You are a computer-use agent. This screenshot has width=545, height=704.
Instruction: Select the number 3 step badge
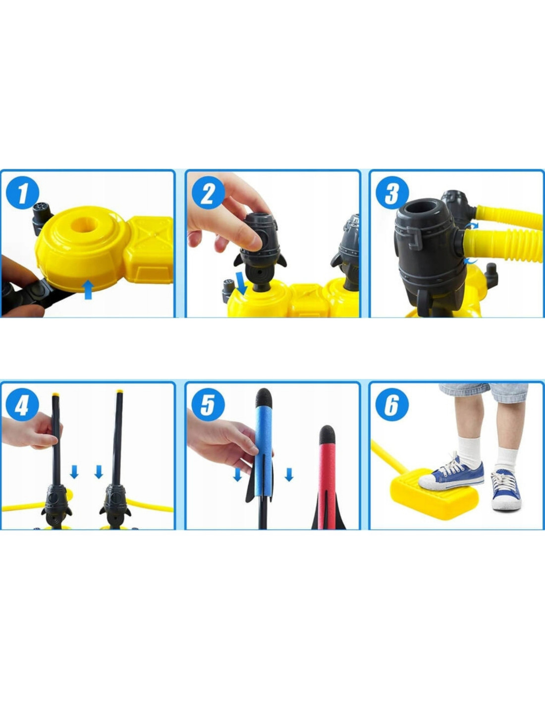392,194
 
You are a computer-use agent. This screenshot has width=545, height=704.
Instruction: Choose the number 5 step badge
208,405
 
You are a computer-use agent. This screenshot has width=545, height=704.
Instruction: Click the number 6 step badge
392,405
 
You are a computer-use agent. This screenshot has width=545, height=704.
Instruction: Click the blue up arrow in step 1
88,289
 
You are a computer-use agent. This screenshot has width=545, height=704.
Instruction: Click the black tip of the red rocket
327,435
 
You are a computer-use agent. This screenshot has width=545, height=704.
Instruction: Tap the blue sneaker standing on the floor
506,490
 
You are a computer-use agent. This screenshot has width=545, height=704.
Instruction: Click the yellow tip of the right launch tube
120,393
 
